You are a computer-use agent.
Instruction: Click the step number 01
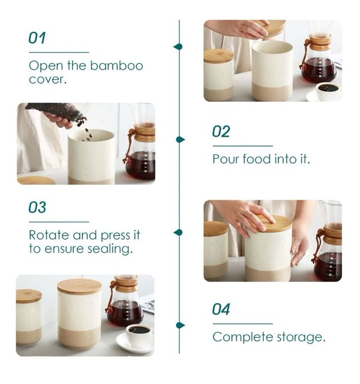click(37, 38)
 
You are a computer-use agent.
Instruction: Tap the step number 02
click(221, 132)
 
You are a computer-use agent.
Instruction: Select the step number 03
click(37, 207)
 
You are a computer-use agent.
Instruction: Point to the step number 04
click(221, 309)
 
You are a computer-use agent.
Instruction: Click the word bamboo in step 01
click(116, 66)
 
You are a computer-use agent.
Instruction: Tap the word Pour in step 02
click(226, 159)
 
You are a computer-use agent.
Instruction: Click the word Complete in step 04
click(242, 337)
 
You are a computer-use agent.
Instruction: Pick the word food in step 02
click(257, 159)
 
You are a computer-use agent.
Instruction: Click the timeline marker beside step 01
click(178, 47)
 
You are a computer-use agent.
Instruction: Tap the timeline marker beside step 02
click(180, 139)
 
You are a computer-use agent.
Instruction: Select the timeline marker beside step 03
click(178, 232)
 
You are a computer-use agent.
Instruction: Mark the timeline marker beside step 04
click(180, 325)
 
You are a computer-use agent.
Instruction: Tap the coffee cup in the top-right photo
click(327, 91)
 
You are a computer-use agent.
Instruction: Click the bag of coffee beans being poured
click(56, 112)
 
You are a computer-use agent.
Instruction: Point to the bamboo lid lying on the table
click(36, 180)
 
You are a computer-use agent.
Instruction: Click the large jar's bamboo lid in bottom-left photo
click(80, 286)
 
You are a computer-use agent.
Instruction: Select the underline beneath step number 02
click(242, 146)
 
